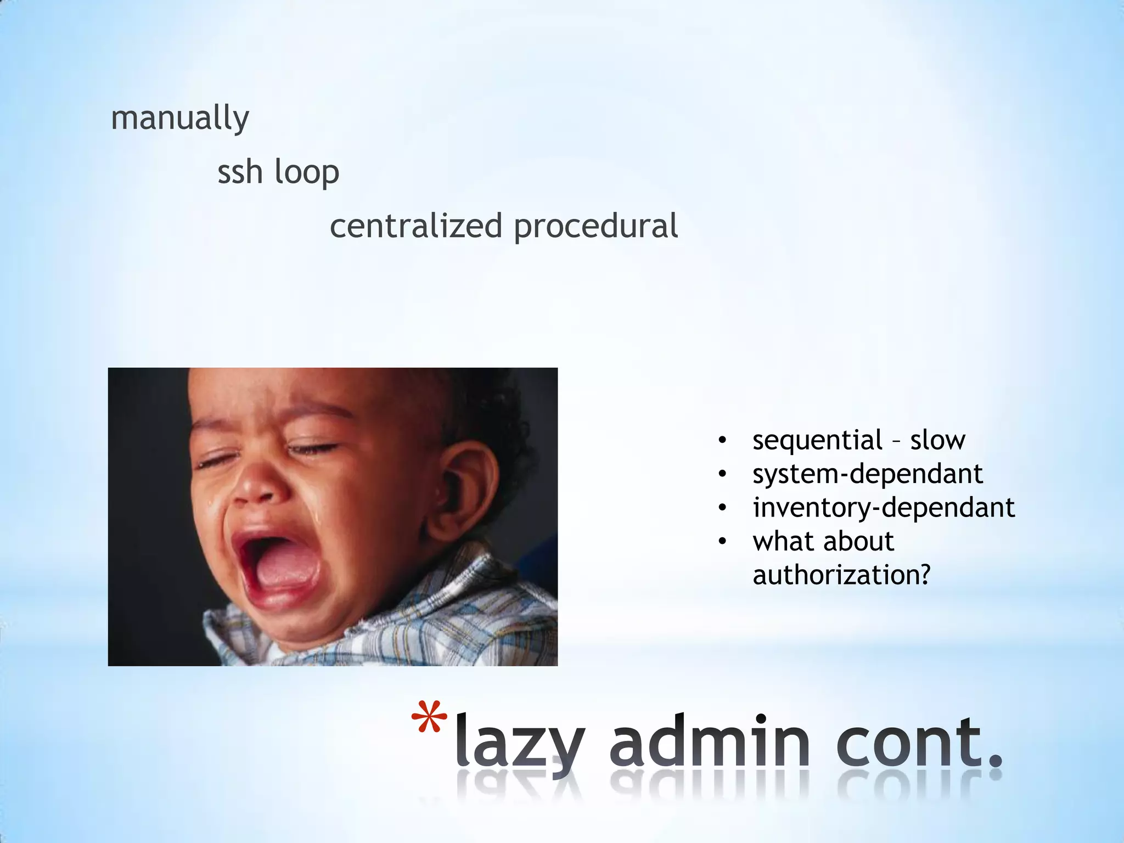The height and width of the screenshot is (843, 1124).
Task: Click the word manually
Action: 180,118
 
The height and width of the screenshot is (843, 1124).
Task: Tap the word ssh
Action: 240,172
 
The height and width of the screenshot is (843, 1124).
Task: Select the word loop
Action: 307,173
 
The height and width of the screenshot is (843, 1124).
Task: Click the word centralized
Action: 416,226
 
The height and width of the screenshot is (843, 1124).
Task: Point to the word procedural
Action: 596,227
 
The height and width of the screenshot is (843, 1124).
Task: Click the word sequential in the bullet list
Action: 817,440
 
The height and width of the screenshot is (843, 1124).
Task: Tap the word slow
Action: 937,440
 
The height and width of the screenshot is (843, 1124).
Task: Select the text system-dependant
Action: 867,474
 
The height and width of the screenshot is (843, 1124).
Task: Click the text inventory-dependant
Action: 884,508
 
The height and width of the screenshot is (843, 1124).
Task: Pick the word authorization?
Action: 841,575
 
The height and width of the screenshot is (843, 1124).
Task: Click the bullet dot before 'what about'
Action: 722,542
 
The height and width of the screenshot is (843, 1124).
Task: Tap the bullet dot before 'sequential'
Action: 722,440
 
